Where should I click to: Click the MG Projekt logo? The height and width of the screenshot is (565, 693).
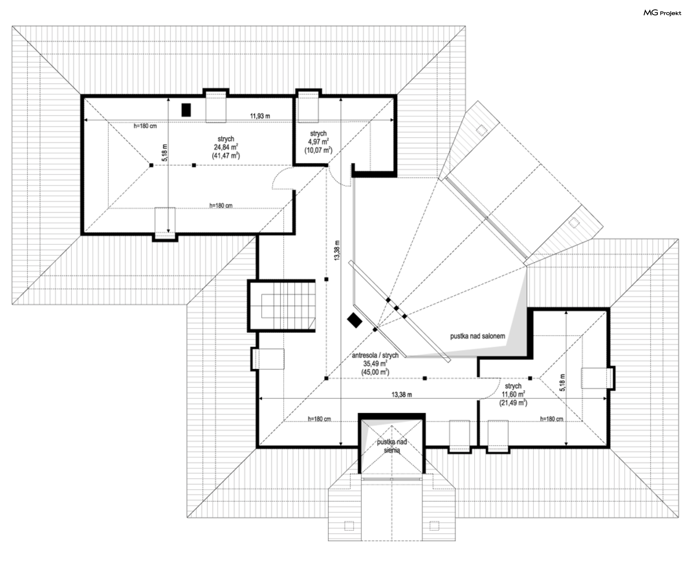coord(662,13)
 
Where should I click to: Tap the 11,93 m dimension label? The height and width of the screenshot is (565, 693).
coord(260,116)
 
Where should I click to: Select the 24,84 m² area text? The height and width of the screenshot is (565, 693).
coord(226,147)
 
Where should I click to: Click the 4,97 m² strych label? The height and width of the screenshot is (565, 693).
coord(318,142)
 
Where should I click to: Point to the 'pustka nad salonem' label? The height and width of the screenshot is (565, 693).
coord(477,336)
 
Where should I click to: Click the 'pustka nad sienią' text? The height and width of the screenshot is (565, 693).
coord(392,446)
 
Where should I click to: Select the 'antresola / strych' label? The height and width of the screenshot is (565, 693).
coord(375,356)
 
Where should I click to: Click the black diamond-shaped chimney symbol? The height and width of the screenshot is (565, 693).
coord(354,320)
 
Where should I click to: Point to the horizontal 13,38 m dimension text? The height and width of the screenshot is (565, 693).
coord(401,395)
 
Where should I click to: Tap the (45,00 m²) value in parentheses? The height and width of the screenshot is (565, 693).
coord(375,372)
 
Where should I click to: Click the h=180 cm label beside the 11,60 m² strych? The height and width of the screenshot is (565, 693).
coord(551,419)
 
